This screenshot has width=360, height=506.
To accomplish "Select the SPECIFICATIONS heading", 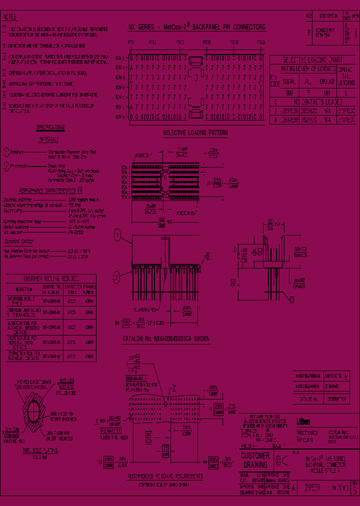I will [49, 127].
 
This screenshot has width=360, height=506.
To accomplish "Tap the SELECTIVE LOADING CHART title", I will [312, 58].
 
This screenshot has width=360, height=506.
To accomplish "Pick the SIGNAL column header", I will [289, 81].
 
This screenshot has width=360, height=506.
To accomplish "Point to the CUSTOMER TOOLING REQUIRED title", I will [51, 278].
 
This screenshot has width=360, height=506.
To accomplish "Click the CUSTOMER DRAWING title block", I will [255, 460].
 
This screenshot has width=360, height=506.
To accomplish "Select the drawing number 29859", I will [311, 488].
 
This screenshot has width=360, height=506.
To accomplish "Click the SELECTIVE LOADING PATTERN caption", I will [195, 133].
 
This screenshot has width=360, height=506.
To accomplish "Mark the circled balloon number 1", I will [117, 234].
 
